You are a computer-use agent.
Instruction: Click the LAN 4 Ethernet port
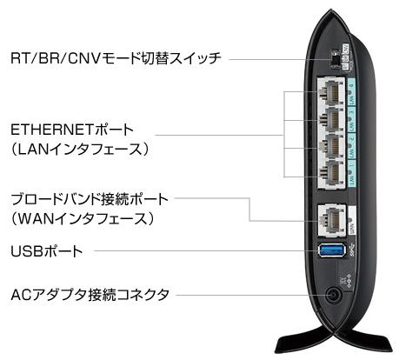point(332,92)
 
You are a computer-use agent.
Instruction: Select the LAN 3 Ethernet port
point(332,119)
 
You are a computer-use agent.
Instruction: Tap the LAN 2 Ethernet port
point(332,146)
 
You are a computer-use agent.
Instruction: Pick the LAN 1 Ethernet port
point(332,173)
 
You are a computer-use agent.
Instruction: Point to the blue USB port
point(332,250)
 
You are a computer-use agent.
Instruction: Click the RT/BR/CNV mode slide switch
point(335,61)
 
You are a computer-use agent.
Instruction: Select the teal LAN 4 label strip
point(351,92)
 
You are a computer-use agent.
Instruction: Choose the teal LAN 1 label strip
point(351,173)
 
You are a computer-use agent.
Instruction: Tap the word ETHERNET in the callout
point(51,130)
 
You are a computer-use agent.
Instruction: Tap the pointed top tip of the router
point(330,10)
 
